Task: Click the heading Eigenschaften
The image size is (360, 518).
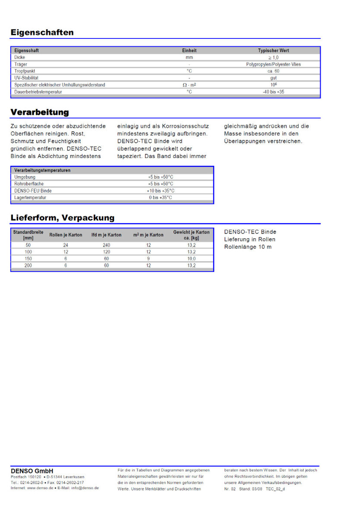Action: (x=42, y=32)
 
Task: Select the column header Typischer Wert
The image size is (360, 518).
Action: (x=273, y=51)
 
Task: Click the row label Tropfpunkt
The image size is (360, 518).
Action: (x=25, y=71)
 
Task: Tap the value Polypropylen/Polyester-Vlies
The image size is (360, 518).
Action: (x=273, y=64)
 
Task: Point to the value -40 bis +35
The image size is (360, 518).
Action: (x=273, y=92)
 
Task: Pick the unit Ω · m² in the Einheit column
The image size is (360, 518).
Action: (x=189, y=85)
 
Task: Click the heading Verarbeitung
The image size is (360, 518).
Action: (x=40, y=112)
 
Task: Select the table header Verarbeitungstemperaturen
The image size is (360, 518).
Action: (x=42, y=170)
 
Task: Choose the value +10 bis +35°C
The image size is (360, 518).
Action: (x=160, y=191)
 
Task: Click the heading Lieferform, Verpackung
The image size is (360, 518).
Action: (x=63, y=218)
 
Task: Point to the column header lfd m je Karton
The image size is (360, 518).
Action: (x=106, y=235)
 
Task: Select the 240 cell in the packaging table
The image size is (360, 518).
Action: (x=107, y=245)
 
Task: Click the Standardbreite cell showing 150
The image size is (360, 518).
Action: (x=28, y=259)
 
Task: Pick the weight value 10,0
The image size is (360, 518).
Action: (x=191, y=259)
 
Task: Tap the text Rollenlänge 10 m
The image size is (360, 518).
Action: (x=248, y=247)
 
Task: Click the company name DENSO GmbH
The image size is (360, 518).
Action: (x=32, y=471)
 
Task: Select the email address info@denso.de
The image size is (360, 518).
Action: (x=85, y=488)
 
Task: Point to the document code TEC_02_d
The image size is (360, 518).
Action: (x=275, y=489)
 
